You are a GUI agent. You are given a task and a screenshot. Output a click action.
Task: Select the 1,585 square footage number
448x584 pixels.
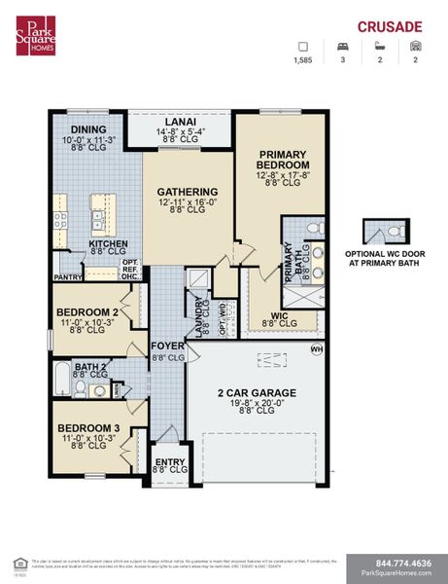click(x=303, y=60)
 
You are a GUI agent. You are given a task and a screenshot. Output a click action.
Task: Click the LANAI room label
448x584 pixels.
click(x=179, y=121)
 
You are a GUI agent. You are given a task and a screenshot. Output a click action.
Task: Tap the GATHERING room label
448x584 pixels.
click(x=188, y=192)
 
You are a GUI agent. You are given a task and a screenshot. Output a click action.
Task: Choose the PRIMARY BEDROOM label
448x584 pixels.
click(x=284, y=160)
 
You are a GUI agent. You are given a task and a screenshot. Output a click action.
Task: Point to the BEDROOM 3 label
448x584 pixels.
click(x=87, y=428)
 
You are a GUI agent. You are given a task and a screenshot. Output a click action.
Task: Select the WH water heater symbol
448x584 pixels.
click(x=316, y=348)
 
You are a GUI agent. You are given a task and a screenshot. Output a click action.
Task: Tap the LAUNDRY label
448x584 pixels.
click(x=200, y=317)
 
